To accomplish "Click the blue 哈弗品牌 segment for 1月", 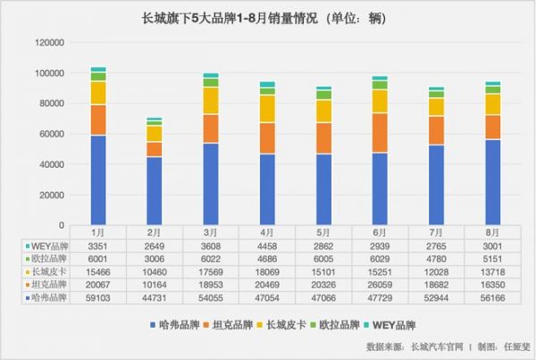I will (x=98, y=180).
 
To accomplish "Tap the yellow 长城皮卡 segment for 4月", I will (x=267, y=108).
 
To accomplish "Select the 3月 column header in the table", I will (x=211, y=231).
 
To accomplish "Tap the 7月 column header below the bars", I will (x=437, y=231).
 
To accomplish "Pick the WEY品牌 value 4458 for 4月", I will (x=267, y=244).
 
